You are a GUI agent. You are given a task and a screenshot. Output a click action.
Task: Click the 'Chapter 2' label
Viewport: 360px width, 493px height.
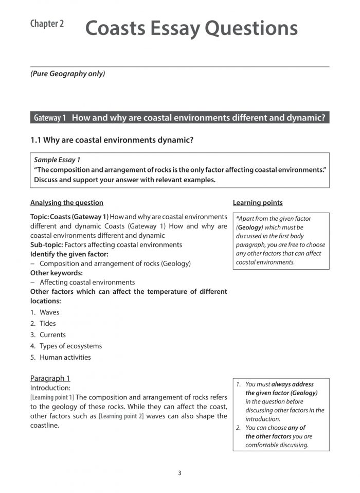click(47, 24)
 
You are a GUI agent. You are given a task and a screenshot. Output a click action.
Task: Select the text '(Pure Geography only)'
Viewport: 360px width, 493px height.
click(67, 74)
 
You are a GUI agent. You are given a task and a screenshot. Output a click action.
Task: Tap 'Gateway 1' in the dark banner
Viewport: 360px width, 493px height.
click(50, 118)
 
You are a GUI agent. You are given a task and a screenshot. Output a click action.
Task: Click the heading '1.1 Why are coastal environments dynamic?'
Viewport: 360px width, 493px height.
click(112, 140)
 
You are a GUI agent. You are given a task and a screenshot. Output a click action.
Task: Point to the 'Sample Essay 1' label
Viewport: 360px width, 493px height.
click(57, 160)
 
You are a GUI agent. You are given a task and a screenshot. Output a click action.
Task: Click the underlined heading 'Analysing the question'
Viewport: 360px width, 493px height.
click(67, 203)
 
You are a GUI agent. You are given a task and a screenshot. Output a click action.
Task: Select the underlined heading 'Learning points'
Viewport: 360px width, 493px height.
click(258, 203)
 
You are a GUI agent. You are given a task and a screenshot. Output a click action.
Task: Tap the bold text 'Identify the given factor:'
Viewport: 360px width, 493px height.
click(69, 254)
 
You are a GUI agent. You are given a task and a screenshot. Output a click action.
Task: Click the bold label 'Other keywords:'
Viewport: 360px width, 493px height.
click(56, 273)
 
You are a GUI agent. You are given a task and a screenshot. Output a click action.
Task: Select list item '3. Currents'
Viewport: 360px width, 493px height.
click(48, 335)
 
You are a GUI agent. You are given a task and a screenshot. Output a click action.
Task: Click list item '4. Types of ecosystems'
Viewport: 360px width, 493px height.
click(66, 346)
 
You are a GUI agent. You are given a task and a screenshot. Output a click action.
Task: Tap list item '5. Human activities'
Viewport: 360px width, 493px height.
click(60, 358)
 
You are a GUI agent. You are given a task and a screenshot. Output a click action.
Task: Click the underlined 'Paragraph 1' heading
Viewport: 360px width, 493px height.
click(50, 379)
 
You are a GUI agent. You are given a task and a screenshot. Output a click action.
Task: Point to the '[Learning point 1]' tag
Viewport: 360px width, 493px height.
click(52, 397)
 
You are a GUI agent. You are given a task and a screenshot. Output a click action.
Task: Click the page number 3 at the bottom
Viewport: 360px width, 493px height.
click(179, 473)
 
